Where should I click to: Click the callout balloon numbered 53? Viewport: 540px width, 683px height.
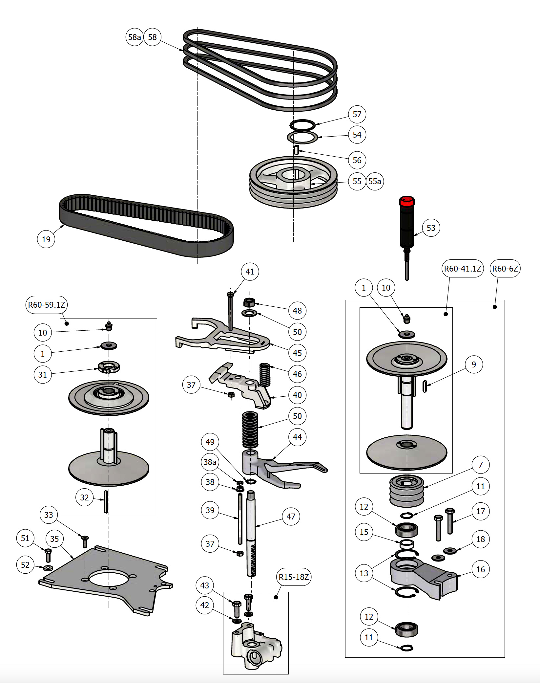pyautogui.click(x=431, y=228)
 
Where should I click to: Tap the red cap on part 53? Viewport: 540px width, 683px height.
pyautogui.click(x=407, y=201)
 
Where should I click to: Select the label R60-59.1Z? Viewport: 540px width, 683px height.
pyautogui.click(x=46, y=305)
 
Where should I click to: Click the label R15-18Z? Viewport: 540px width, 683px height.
pyautogui.click(x=293, y=577)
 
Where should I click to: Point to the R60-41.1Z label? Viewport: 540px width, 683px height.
pyautogui.click(x=462, y=269)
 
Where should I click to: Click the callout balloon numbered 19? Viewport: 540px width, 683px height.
pyautogui.click(x=46, y=239)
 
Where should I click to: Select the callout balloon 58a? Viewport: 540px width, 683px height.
pyautogui.click(x=134, y=37)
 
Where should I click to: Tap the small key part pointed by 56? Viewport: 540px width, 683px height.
pyautogui.click(x=296, y=150)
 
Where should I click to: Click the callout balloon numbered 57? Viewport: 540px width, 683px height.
pyautogui.click(x=357, y=114)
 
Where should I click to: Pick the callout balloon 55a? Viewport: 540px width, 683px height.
pyautogui.click(x=375, y=181)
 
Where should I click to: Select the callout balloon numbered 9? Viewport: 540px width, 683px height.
pyautogui.click(x=474, y=364)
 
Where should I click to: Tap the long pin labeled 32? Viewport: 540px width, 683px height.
pyautogui.click(x=106, y=502)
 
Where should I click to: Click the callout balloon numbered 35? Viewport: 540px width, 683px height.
pyautogui.click(x=54, y=539)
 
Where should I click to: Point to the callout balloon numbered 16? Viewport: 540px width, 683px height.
pyautogui.click(x=480, y=569)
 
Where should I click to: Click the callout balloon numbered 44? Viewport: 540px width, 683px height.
pyautogui.click(x=297, y=437)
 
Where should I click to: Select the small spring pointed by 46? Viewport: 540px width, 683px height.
pyautogui.click(x=265, y=374)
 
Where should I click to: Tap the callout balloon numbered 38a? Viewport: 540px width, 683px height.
pyautogui.click(x=210, y=462)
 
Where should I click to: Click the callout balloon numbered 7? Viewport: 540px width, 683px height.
pyautogui.click(x=480, y=465)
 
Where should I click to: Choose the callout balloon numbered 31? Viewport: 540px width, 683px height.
pyautogui.click(x=43, y=375)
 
